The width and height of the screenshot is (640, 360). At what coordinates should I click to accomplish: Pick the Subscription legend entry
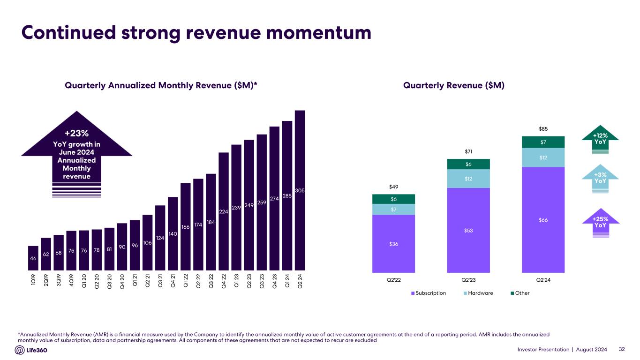pos(429,293)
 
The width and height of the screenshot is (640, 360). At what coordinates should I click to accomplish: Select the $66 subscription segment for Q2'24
pos(543,219)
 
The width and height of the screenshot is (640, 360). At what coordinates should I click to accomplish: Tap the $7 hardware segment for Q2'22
pos(393,209)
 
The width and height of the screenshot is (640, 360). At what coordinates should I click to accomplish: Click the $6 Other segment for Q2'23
pos(468,164)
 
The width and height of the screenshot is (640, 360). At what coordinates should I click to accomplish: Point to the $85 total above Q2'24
pos(543,128)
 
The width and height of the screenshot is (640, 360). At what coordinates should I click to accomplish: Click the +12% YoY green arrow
pos(600,139)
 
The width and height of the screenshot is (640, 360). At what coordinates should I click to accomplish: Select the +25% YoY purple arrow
pos(600,222)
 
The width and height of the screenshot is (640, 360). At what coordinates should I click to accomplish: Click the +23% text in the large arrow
pos(76,134)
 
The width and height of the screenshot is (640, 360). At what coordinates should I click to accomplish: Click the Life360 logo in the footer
pos(31,350)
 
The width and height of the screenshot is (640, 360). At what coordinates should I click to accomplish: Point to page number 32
pos(622,349)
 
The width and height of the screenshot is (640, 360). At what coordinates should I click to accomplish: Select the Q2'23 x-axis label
pos(468,280)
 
